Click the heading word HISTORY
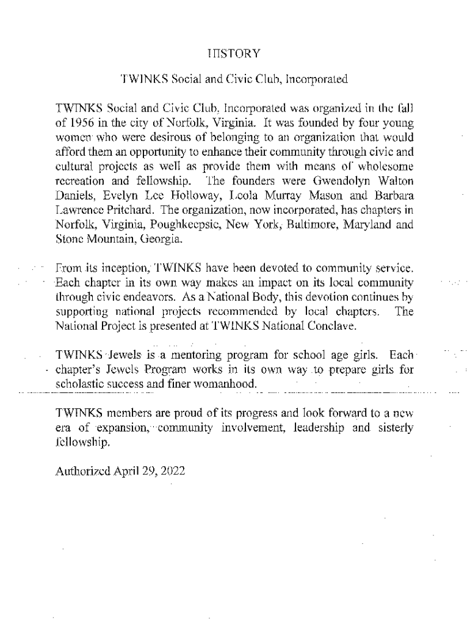[234, 54]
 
